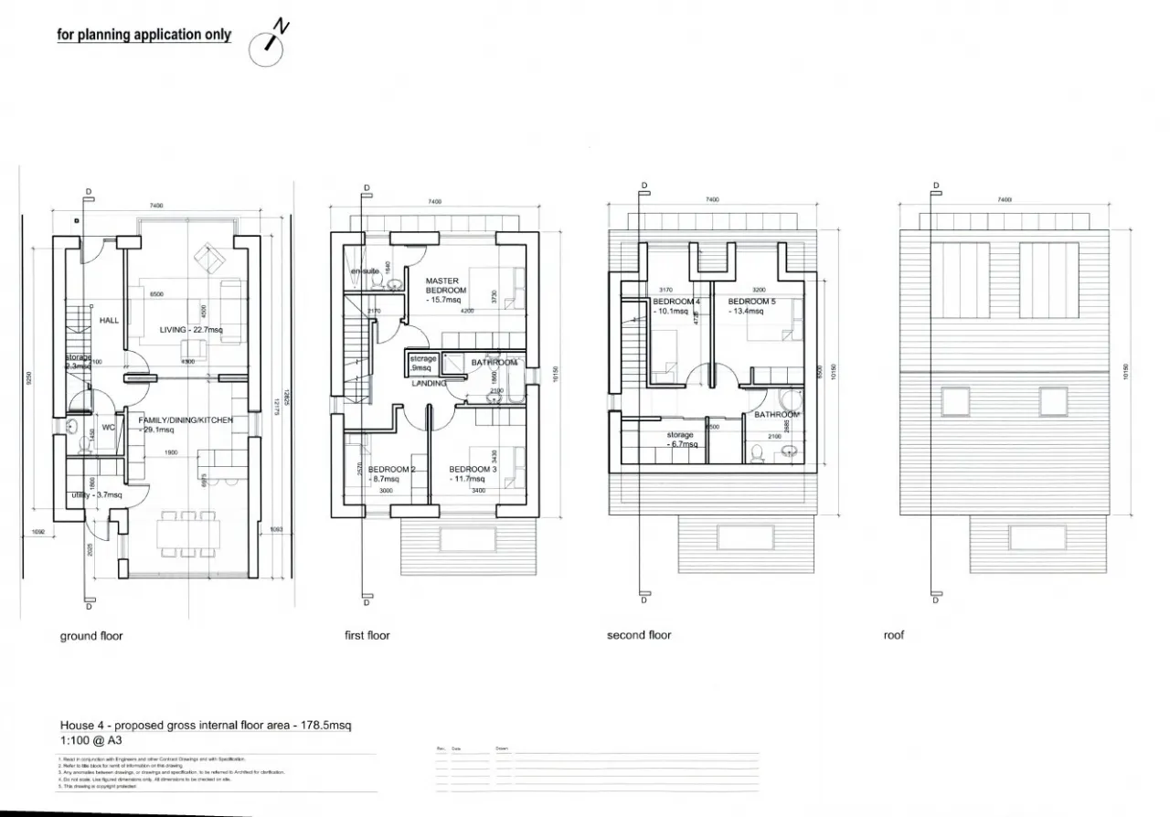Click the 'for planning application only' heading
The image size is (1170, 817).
click(x=144, y=35)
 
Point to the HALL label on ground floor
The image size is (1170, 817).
click(x=110, y=321)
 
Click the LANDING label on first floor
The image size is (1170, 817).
click(x=429, y=383)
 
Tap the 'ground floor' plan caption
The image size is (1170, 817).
click(x=91, y=636)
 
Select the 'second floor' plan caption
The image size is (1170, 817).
click(x=639, y=635)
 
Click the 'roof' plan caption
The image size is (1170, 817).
click(x=893, y=635)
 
